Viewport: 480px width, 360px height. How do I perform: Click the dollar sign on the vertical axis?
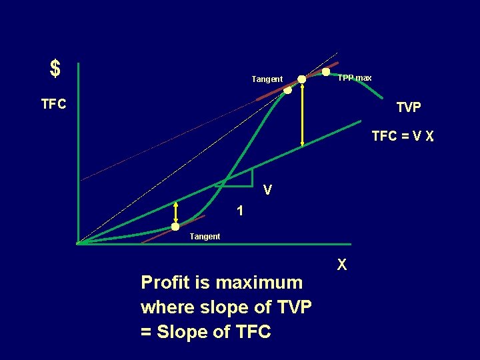click(55, 68)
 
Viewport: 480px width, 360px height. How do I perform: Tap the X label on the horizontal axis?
click(341, 265)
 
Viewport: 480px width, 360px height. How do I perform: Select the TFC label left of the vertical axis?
click(53, 105)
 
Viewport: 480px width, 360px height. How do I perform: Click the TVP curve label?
click(408, 107)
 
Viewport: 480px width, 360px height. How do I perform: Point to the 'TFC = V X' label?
click(403, 137)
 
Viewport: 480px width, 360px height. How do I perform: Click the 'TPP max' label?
click(355, 78)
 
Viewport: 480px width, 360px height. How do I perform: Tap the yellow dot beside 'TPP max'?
click(326, 71)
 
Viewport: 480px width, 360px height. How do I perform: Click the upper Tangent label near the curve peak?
click(267, 79)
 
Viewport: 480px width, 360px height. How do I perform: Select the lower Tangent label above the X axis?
click(205, 237)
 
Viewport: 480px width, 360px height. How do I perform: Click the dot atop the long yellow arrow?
click(302, 79)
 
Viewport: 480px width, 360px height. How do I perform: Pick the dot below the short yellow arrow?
click(175, 227)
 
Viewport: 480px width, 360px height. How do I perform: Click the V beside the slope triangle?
click(267, 190)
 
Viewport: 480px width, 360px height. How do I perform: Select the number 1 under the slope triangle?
click(239, 211)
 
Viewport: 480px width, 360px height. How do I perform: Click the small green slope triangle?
click(241, 177)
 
